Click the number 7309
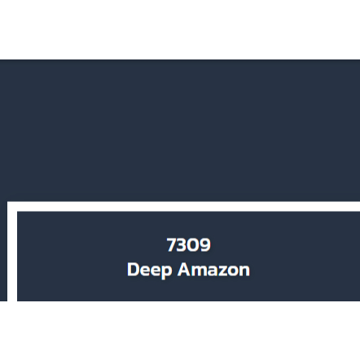click(189, 244)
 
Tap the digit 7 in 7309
click(172, 244)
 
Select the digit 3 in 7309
click(182, 244)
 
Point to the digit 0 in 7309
click(194, 244)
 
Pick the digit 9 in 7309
click(205, 244)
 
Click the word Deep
click(150, 270)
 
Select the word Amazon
click(213, 270)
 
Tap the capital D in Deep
click(133, 270)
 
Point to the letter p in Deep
click(167, 272)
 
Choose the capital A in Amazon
click(184, 270)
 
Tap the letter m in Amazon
click(199, 271)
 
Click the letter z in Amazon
click(223, 271)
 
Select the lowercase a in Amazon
click(213, 271)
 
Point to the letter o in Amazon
click(234, 271)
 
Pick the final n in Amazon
click(245, 271)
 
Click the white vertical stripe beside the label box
click(12, 251)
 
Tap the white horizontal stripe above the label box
click(183, 206)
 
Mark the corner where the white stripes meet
click(12, 206)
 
